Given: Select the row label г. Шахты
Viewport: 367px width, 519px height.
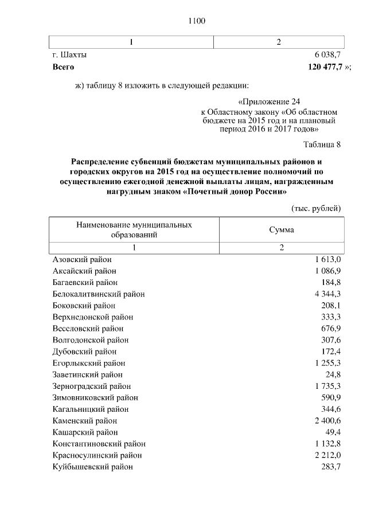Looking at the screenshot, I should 69,55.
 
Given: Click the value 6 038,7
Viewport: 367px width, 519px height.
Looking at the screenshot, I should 327,55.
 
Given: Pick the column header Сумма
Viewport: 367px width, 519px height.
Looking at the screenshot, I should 282,229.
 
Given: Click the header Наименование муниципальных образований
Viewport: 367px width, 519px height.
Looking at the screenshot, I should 134,229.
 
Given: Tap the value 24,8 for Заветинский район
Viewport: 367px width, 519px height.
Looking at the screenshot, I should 332,374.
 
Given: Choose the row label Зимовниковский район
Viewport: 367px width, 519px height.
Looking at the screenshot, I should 95,397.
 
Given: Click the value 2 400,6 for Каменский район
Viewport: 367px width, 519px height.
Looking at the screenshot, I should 327,420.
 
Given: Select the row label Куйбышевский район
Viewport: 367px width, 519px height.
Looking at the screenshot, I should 93,467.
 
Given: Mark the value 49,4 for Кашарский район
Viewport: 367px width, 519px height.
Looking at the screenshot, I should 332,432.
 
